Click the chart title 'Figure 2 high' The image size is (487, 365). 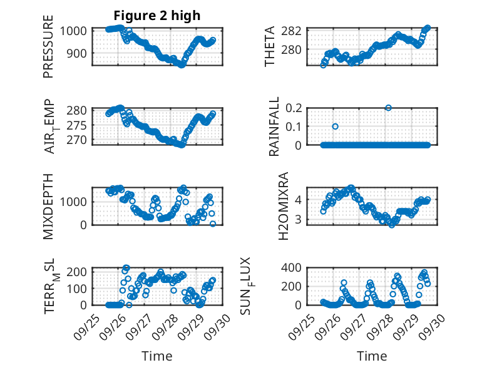tap(156, 16)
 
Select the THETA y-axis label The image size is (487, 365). tap(270, 47)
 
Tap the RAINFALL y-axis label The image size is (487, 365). tap(274, 126)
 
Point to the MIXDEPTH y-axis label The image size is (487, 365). tap(48, 206)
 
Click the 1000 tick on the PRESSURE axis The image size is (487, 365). tap(75, 30)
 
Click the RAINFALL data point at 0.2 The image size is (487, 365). tap(389, 108)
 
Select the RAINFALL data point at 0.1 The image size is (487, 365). tap(335, 126)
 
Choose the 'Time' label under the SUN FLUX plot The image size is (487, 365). tap(372, 356)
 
